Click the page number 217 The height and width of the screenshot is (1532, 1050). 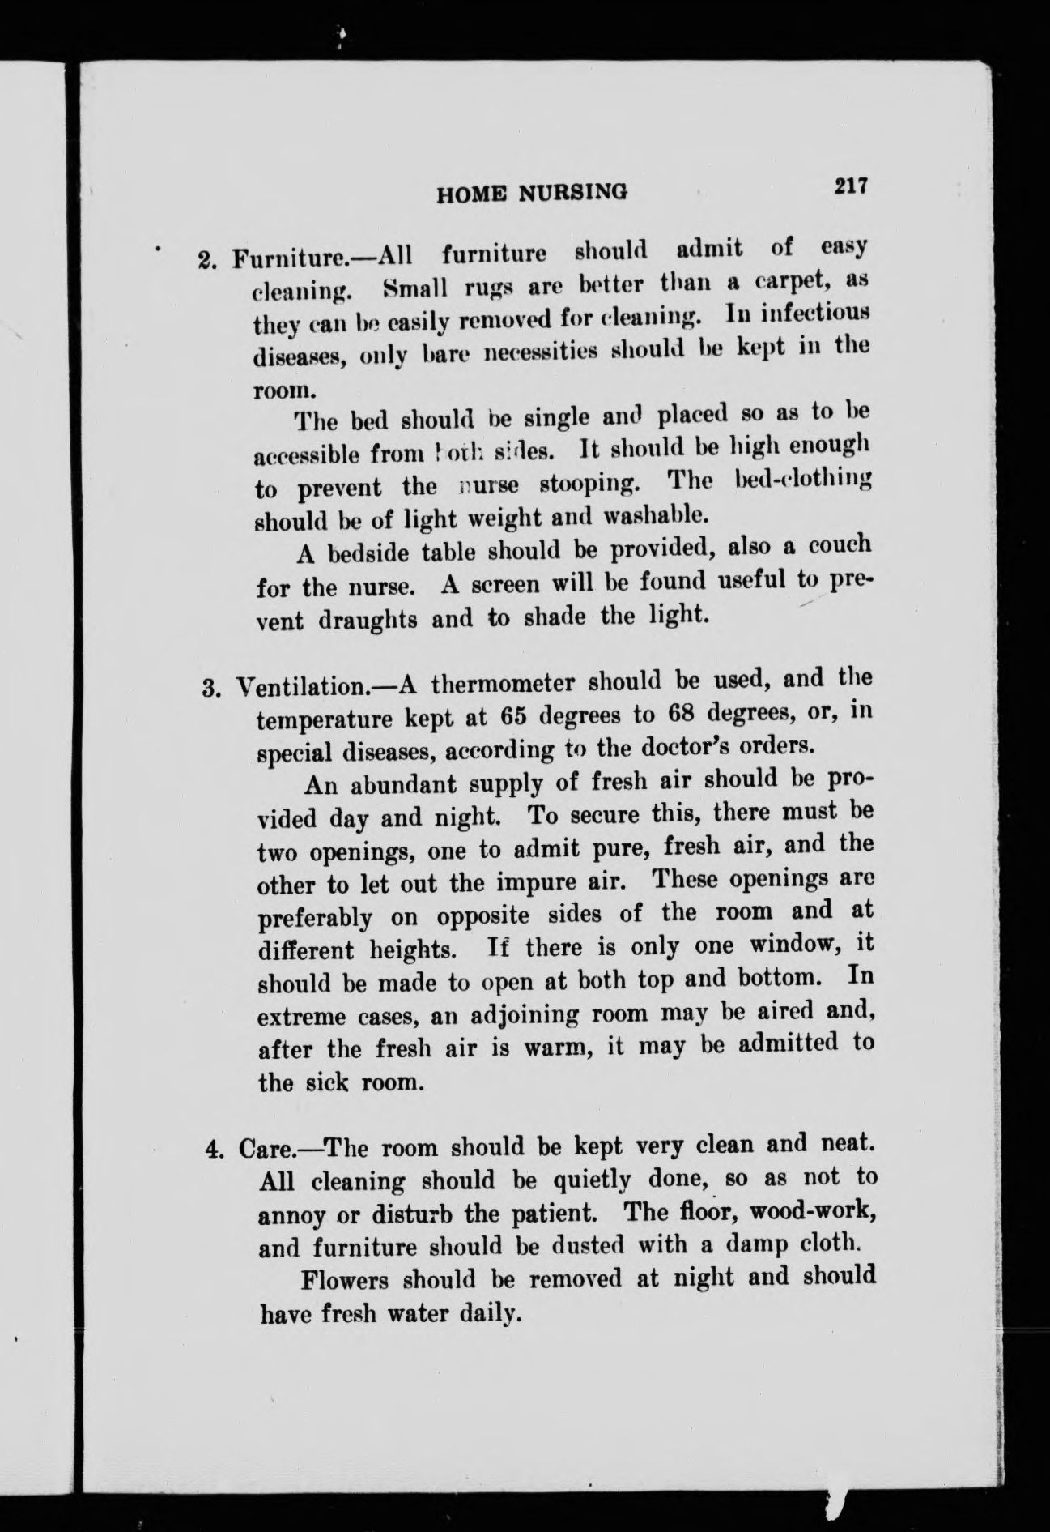[852, 186]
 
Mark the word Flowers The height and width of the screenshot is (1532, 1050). [346, 1281]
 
